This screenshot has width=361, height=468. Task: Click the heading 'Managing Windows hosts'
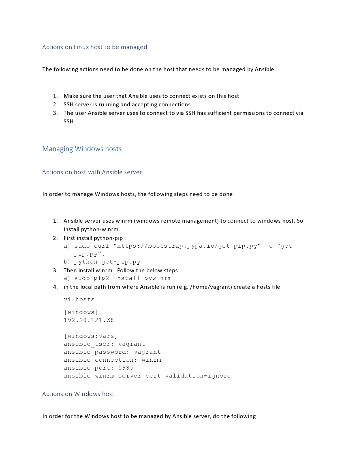[x=82, y=149]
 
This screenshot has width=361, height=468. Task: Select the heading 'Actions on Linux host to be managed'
[x=95, y=47]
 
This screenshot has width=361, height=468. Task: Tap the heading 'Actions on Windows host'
[x=78, y=394]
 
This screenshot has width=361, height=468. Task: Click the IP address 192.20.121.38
[x=89, y=320]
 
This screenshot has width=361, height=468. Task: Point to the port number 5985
[x=126, y=368]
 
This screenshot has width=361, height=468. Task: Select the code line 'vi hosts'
[x=79, y=300]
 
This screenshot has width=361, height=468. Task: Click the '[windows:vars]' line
[x=91, y=336]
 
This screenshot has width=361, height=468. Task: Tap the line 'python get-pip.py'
[x=107, y=262]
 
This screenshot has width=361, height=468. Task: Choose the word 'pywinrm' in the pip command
[x=158, y=278]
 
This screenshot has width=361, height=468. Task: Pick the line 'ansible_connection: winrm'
[x=112, y=360]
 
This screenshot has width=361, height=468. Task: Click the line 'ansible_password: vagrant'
[x=112, y=352]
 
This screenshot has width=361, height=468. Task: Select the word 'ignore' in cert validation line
[x=219, y=376]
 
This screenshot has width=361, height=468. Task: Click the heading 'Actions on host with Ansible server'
[x=92, y=172]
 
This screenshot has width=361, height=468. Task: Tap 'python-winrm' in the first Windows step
[x=100, y=229]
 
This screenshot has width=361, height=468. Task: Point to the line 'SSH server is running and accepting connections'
[x=127, y=105]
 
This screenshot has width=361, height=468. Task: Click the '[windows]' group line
[x=81, y=312]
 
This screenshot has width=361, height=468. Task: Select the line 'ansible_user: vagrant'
[x=104, y=344]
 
